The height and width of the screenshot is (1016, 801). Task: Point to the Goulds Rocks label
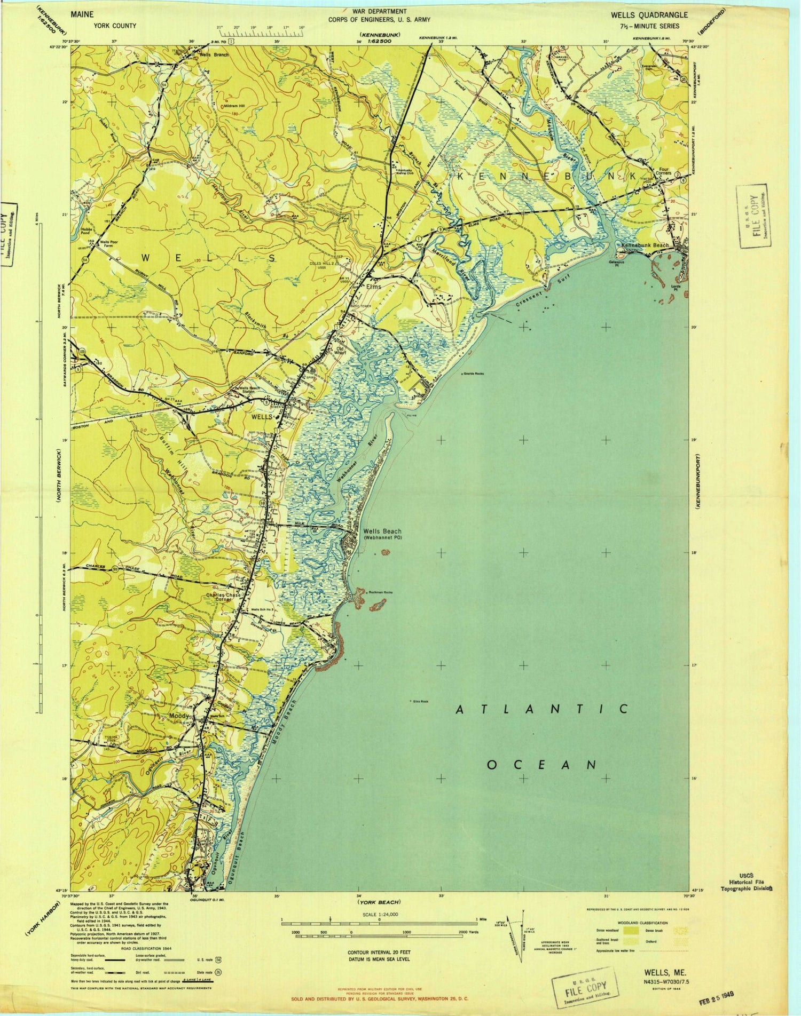click(x=474, y=374)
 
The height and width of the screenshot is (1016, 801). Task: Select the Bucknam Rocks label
click(x=380, y=592)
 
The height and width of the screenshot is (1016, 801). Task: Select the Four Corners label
click(x=652, y=177)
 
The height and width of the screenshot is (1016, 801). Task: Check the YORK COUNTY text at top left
click(x=115, y=26)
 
